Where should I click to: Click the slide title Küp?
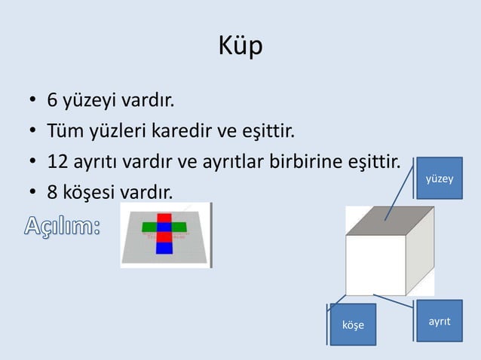[240, 47]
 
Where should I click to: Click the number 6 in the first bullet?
[52, 100]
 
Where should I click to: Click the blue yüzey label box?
[440, 178]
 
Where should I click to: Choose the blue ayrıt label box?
[440, 321]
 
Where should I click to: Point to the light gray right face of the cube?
[420, 252]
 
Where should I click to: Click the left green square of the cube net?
[148, 227]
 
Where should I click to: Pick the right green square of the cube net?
[181, 227]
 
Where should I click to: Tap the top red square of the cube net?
[164, 218]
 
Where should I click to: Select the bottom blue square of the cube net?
[164, 248]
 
